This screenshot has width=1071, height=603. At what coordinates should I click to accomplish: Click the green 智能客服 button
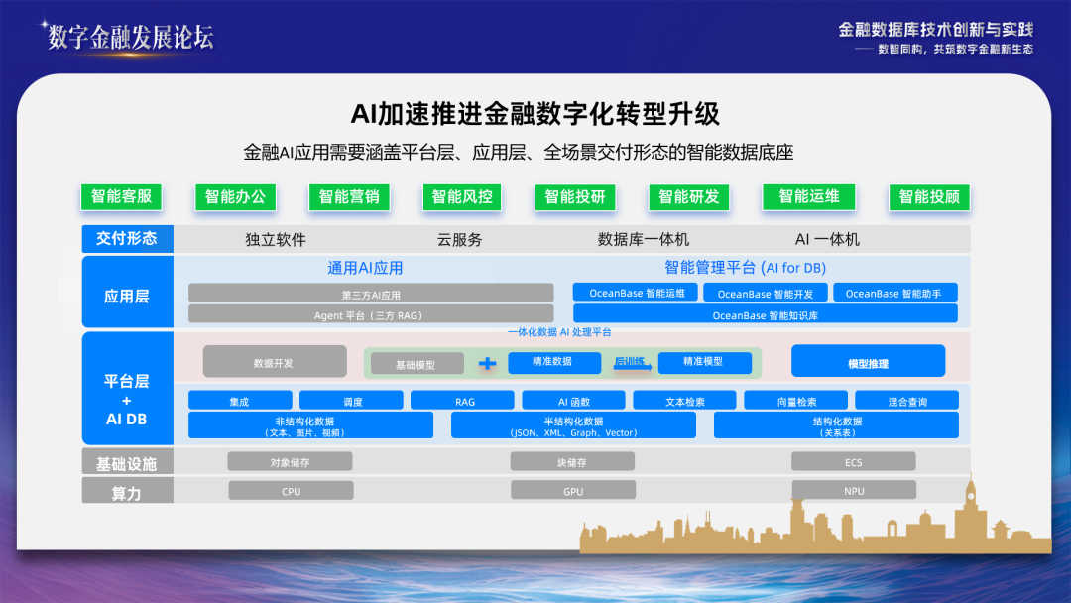(x=121, y=196)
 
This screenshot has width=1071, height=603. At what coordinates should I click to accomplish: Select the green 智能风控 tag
(x=462, y=196)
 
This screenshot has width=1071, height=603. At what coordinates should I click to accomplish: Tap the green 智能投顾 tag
(x=929, y=196)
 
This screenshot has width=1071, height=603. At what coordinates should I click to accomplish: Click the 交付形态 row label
(x=127, y=239)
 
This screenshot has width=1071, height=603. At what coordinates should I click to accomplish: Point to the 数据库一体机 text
(x=643, y=240)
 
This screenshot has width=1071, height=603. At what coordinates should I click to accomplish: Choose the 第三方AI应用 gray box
(x=371, y=294)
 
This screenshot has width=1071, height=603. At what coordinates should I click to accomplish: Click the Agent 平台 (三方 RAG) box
(x=371, y=314)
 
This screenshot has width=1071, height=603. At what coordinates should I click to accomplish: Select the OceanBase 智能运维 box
(x=637, y=293)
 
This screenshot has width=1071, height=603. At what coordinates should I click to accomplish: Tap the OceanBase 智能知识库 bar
(x=766, y=314)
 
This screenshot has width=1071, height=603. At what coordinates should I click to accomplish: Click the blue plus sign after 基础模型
(x=487, y=364)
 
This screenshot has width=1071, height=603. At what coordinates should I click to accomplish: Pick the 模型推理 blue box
(x=868, y=363)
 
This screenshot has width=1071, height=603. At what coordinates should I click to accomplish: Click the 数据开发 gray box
(x=275, y=362)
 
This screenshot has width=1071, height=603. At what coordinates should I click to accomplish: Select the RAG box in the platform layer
(x=464, y=401)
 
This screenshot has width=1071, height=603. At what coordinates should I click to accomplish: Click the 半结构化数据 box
(x=573, y=425)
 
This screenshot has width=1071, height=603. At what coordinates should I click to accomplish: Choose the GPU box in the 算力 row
(x=573, y=491)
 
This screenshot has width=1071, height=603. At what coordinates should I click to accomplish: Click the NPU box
(x=854, y=491)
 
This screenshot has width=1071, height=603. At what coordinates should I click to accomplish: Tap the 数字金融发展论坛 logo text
(x=131, y=38)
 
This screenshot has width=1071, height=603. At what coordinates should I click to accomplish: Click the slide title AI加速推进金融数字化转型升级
(x=535, y=114)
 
